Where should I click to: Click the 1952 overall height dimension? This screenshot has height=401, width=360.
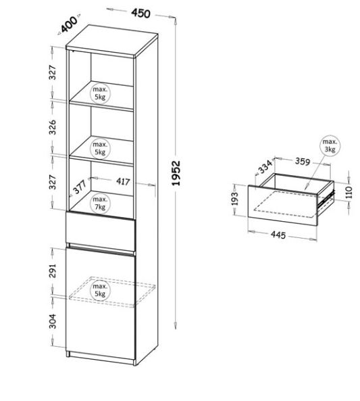pyautogui.click(x=176, y=173)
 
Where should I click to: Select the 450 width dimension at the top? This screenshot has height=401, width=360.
pyautogui.click(x=140, y=13)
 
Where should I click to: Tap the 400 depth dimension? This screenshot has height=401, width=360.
pyautogui.click(x=69, y=24)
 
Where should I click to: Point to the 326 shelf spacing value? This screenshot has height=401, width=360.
pyautogui.click(x=53, y=127)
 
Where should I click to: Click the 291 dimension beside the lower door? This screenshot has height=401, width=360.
pyautogui.click(x=53, y=270)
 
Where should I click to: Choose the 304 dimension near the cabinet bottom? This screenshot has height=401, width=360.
pyautogui.click(x=53, y=321)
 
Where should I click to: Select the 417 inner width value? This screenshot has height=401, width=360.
pyautogui.click(x=123, y=182)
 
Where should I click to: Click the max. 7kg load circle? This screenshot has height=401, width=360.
pyautogui.click(x=100, y=203)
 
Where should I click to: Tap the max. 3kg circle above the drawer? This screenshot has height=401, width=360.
pyautogui.click(x=330, y=145)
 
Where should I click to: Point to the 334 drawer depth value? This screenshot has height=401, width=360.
pyautogui.click(x=265, y=166)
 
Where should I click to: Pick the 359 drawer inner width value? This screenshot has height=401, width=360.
pyautogui.click(x=303, y=162)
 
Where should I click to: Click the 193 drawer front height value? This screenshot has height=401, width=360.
pyautogui.click(x=234, y=198)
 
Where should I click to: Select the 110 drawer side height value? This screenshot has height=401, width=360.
pyautogui.click(x=350, y=192)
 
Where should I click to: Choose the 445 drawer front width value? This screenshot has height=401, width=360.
pyautogui.click(x=278, y=235)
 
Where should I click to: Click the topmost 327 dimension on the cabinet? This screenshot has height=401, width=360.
pyautogui.click(x=53, y=72)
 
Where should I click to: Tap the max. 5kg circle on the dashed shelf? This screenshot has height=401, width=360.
pyautogui.click(x=100, y=290)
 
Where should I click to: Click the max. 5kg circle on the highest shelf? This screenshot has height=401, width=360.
pyautogui.click(x=100, y=93)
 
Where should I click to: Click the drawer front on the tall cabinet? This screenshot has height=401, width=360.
pyautogui.click(x=101, y=231)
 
